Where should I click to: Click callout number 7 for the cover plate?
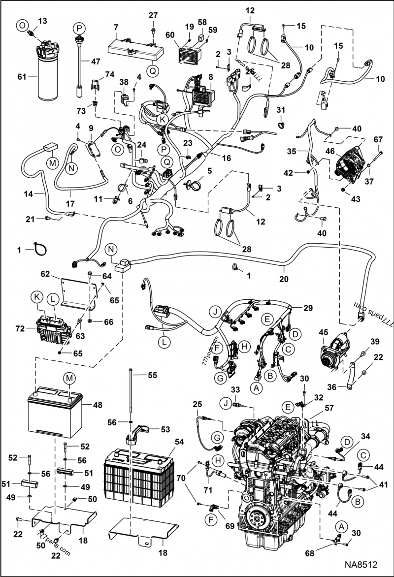pos(116,26)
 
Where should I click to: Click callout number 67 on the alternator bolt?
pos(378,139)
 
